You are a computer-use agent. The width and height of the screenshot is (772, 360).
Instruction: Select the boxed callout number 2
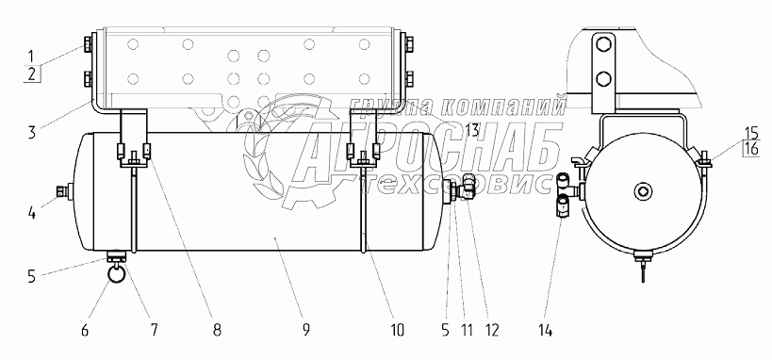tap(32, 74)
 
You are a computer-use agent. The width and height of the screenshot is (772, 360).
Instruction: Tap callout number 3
tap(32, 132)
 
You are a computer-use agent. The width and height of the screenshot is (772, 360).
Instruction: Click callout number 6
tap(84, 330)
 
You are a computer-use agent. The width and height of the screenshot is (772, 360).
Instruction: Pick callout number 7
tap(154, 330)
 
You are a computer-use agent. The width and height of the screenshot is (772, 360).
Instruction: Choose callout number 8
tap(217, 330)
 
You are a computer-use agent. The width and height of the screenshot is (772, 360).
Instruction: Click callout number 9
tap(305, 330)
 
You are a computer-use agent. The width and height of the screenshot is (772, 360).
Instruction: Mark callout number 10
tap(397, 330)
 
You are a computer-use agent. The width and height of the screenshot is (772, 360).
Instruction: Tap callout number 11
tap(467, 330)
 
